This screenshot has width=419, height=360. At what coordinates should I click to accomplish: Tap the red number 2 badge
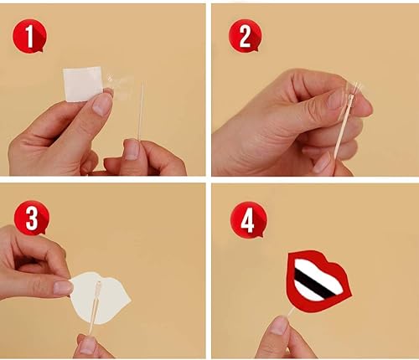tap(244, 36)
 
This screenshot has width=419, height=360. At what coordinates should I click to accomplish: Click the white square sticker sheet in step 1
tap(83, 84)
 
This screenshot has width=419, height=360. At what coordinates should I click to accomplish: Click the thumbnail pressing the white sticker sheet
tap(102, 103)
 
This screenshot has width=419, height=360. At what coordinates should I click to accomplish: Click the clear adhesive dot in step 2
tap(354, 93)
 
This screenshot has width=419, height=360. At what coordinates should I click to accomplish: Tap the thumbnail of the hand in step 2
tap(339, 100)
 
